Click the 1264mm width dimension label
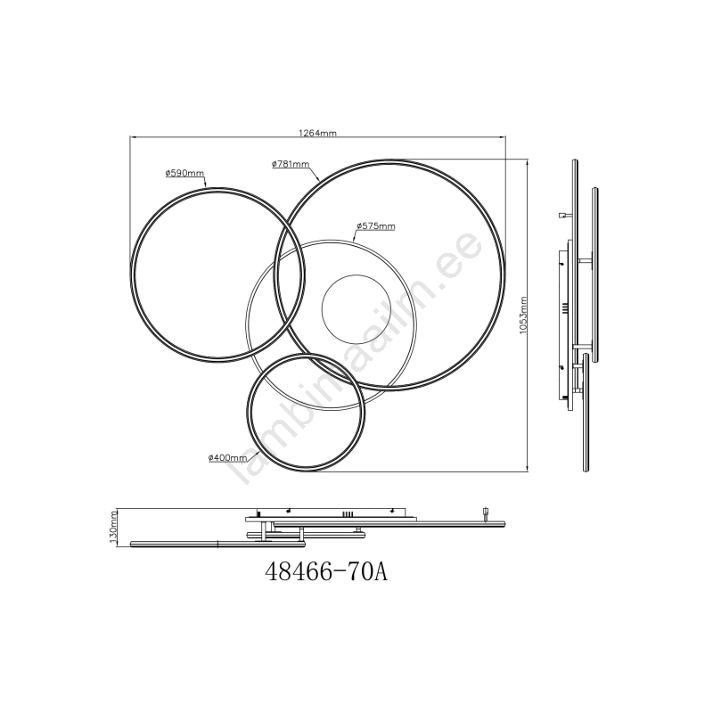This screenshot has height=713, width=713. pos(317,133)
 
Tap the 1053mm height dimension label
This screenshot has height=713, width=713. pos(523,316)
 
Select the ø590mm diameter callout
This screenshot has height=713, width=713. pos(185,173)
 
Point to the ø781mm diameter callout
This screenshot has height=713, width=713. pos(291,164)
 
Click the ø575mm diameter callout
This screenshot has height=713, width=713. pos(376,226)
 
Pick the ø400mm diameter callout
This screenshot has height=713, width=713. pos(228,458)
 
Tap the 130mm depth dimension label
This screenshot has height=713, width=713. pos(114,528)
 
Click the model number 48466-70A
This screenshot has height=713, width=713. pos(326,571)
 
